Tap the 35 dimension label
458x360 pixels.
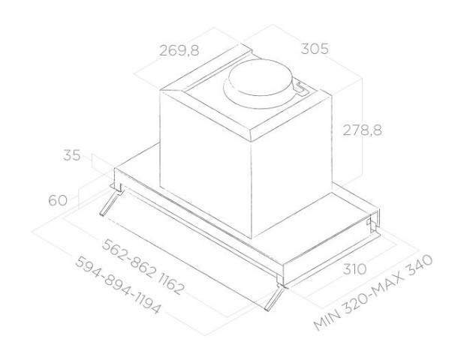coord(71,156)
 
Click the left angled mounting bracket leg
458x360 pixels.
coord(110,202)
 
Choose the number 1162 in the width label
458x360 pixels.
coord(170,281)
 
